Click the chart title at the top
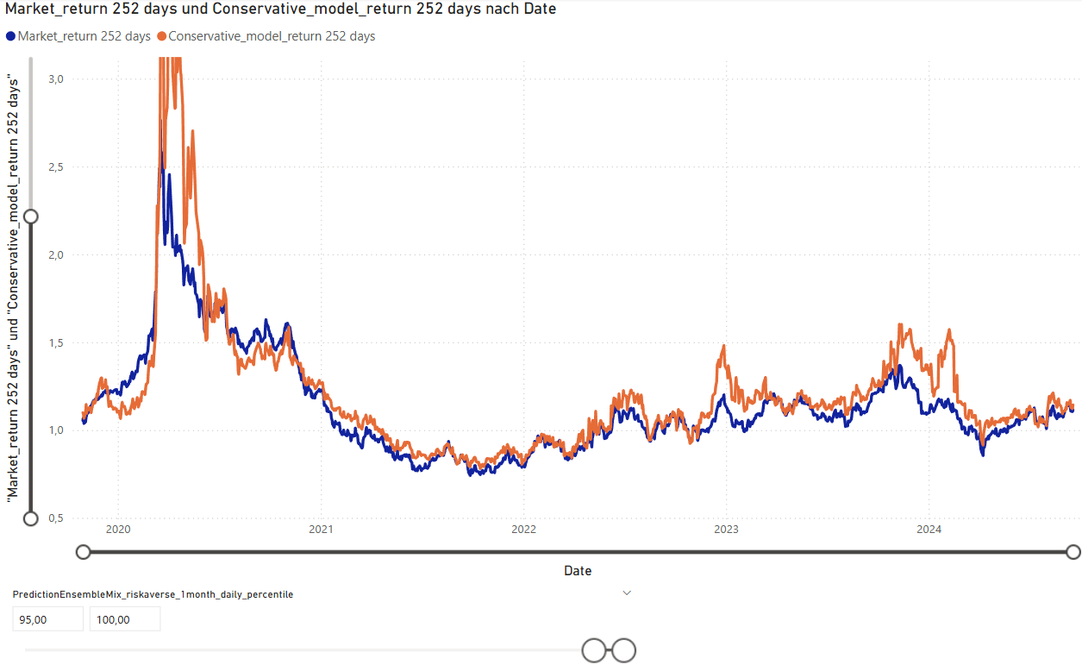point(280,9)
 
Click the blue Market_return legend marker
point(10,36)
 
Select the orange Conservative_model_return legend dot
point(162,36)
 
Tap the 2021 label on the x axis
point(321,530)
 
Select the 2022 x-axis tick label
point(523,530)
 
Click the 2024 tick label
point(929,530)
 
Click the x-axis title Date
point(578,571)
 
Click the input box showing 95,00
point(48,619)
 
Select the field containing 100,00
point(125,619)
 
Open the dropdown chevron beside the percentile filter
point(627,593)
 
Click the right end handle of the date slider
point(1073,552)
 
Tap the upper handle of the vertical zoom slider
point(31,216)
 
